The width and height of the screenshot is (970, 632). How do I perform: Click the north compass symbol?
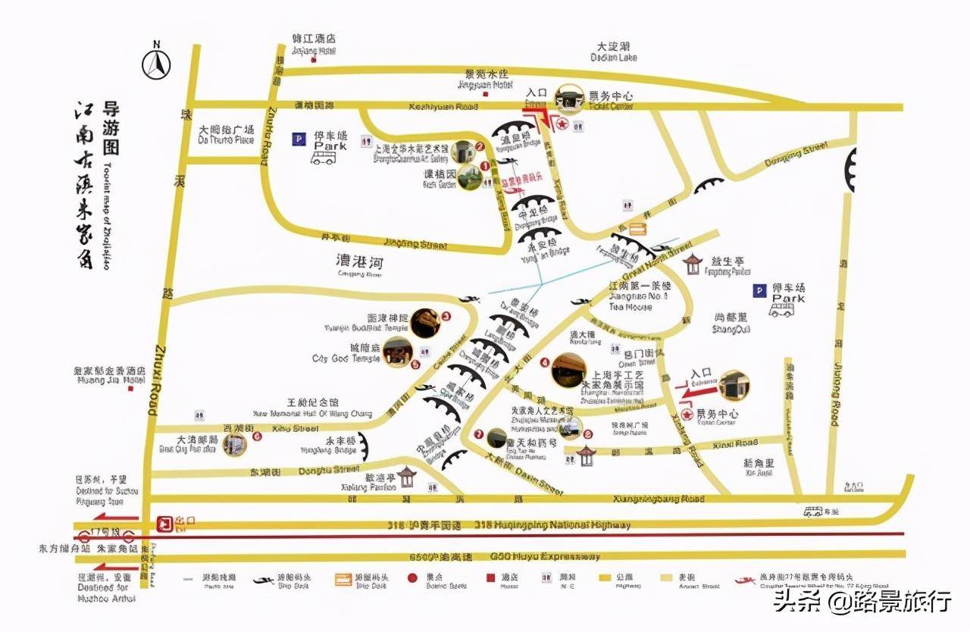pyautogui.click(x=157, y=63)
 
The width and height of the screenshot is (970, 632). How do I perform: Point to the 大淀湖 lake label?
pyautogui.click(x=614, y=52)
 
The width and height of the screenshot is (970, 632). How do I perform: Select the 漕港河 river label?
pyautogui.click(x=360, y=264)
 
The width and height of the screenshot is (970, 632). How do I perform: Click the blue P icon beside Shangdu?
pyautogui.click(x=758, y=290)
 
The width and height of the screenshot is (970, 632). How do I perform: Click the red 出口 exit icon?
pyautogui.click(x=163, y=523)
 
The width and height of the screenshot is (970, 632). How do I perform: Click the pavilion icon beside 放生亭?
pyautogui.click(x=692, y=264)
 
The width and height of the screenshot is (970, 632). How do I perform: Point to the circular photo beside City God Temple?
pyautogui.click(x=398, y=352)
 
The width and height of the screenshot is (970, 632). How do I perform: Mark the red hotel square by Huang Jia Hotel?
pyautogui.click(x=130, y=389)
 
